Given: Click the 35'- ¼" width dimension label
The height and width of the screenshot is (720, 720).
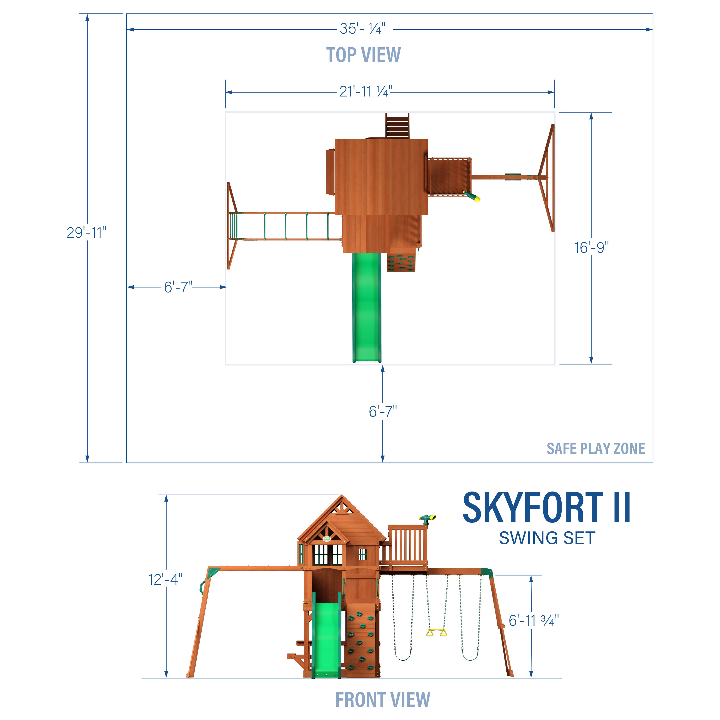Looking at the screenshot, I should click(x=362, y=29).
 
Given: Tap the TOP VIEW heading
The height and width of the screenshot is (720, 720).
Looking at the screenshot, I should click(x=363, y=55).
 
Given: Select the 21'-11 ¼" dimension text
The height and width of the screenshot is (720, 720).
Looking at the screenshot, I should click(x=366, y=91).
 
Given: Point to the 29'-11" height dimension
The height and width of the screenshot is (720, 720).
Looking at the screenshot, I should click(x=86, y=233).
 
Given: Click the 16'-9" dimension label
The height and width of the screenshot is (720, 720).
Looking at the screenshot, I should click(x=591, y=247).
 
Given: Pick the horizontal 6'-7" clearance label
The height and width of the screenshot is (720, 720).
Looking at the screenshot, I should click(x=178, y=287).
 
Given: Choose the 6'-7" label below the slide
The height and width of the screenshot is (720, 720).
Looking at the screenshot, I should click(x=383, y=411).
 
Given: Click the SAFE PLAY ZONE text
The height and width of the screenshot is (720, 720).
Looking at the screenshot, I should click(x=595, y=449).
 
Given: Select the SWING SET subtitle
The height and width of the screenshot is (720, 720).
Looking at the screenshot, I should click(x=547, y=538).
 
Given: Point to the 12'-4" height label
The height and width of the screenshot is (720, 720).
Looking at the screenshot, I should click(x=165, y=580).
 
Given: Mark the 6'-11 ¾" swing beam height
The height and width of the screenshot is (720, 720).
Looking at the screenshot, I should click(x=534, y=620).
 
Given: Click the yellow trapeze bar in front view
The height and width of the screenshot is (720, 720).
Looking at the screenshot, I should click(x=436, y=632).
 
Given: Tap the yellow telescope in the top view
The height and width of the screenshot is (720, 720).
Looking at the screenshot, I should click(x=472, y=196).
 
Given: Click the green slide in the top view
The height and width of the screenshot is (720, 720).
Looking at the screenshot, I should click(x=367, y=306).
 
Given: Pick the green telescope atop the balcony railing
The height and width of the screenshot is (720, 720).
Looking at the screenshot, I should click(x=427, y=518).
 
